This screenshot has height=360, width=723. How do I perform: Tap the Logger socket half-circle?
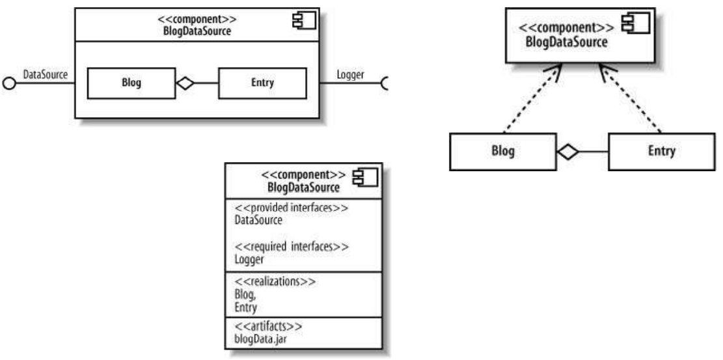pyautogui.click(x=384, y=83)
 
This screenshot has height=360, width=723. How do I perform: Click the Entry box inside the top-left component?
pyautogui.click(x=262, y=83)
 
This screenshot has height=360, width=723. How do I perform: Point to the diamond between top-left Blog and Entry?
pyautogui.click(x=186, y=83)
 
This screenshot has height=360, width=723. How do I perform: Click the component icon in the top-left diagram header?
pyautogui.click(x=304, y=20)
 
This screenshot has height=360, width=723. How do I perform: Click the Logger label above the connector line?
pyautogui.click(x=349, y=75)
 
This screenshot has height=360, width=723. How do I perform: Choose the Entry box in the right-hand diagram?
pyautogui.click(x=662, y=152)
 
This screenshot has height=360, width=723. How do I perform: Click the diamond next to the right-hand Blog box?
pyautogui.click(x=566, y=152)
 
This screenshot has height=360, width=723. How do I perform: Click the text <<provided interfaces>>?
pyautogui.click(x=282, y=210)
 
